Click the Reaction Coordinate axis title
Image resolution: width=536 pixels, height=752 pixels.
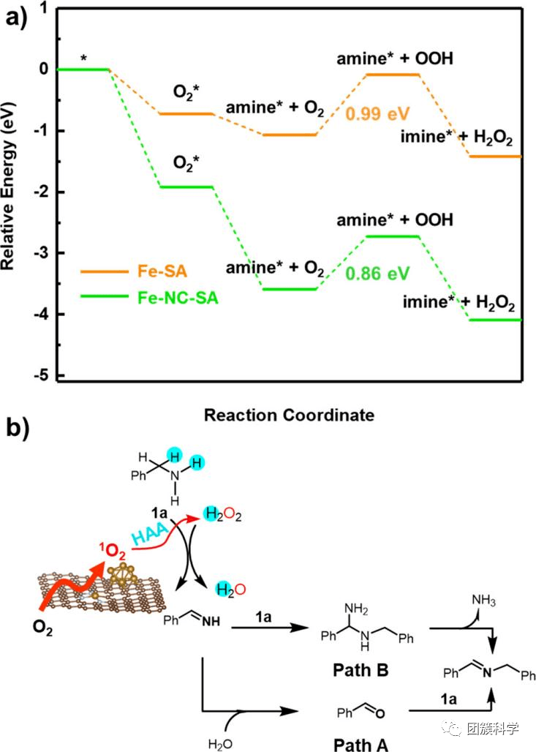pyautogui.click(x=289, y=415)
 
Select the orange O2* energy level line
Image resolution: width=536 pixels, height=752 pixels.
pyautogui.click(x=186, y=113)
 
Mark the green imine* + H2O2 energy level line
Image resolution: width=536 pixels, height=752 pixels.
pyautogui.click(x=495, y=320)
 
